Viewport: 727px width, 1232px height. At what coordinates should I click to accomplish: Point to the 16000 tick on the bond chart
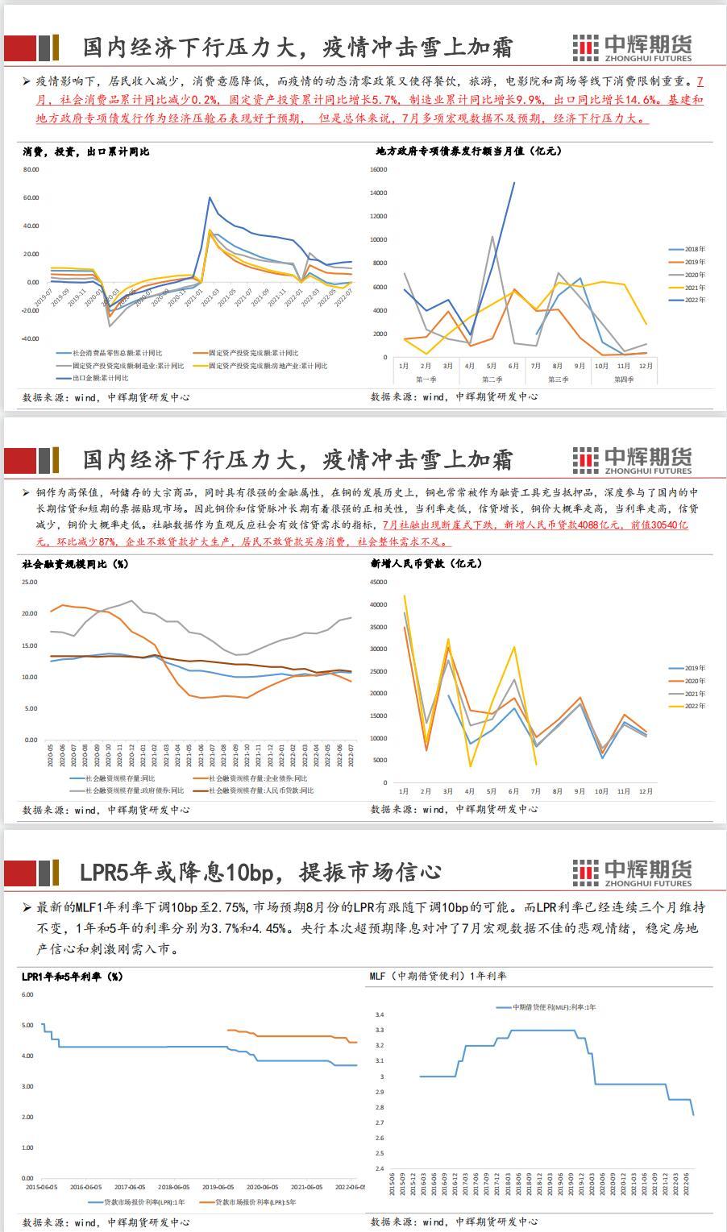point(379,169)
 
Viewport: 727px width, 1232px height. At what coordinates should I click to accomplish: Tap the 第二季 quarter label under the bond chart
point(492,379)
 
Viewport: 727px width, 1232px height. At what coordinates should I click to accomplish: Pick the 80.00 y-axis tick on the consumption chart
point(31,169)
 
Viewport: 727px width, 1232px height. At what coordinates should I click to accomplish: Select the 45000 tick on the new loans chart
point(378,604)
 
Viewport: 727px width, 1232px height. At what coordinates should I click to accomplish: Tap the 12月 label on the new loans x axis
point(646,792)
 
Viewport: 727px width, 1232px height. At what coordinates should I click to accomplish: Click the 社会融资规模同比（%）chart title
point(75,564)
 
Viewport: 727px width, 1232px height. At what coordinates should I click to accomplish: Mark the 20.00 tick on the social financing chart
point(30,613)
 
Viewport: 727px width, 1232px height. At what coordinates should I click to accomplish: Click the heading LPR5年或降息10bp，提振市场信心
point(260,872)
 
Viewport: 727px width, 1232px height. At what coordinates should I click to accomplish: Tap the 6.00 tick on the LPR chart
point(27,994)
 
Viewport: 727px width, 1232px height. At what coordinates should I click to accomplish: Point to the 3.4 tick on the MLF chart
point(380,1015)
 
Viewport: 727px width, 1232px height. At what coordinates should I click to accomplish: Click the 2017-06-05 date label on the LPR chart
point(130,1187)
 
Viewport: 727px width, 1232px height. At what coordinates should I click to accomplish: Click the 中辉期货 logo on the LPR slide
point(632,872)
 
